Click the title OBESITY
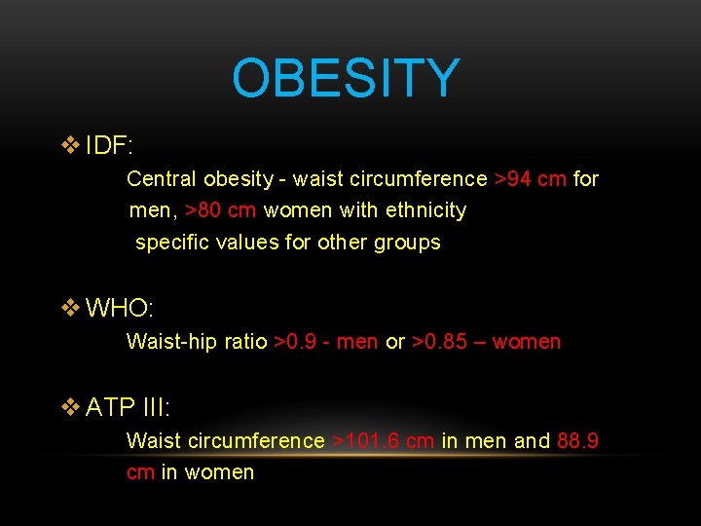point(346,79)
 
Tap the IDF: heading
point(109,146)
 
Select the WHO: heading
point(120,309)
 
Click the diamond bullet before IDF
point(70,146)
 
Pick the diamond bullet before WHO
point(70,309)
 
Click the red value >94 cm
point(530,179)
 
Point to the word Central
point(161,179)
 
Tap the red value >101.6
point(368,441)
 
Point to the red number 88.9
point(578,441)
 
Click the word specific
point(169,243)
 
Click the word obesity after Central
point(238,179)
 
